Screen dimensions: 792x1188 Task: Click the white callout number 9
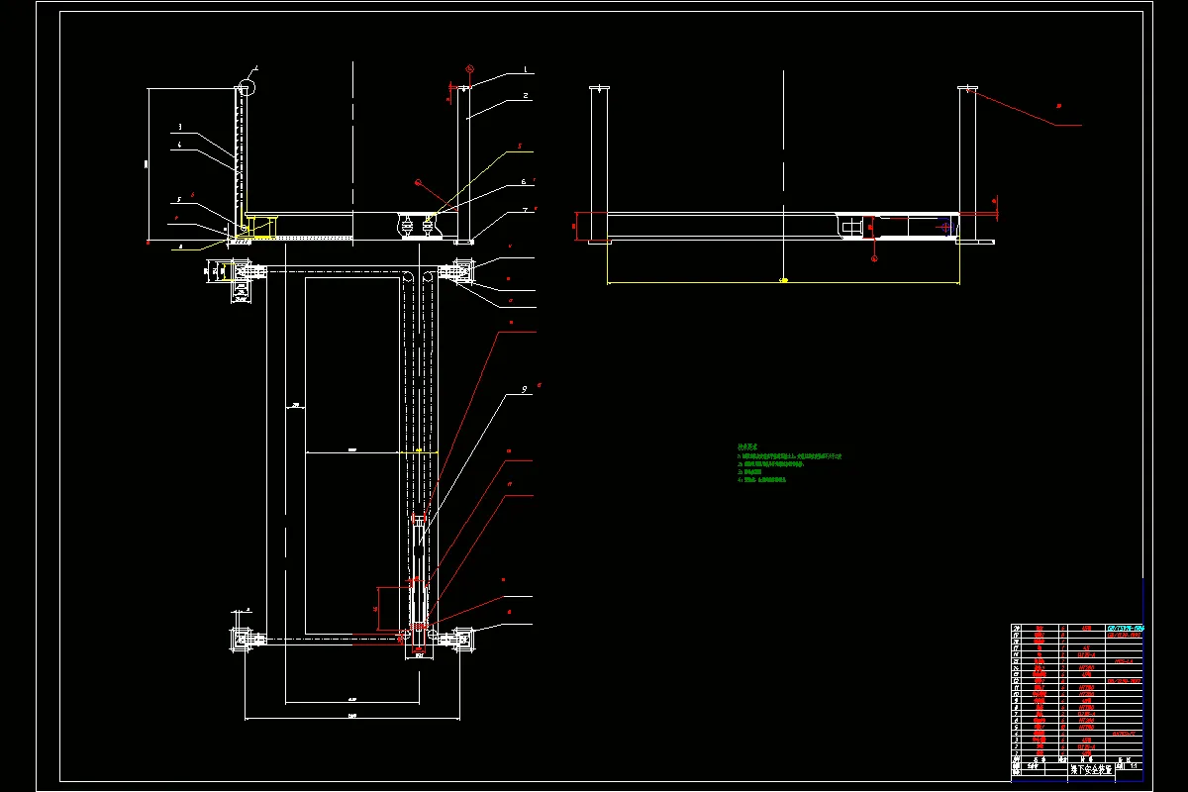525,390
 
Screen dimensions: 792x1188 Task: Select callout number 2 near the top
526,96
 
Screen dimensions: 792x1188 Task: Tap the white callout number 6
524,182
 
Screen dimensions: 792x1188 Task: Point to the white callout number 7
525,211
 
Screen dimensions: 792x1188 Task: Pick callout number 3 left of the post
179,127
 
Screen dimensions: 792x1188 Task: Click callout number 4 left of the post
179,145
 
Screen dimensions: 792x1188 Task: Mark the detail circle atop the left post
245,87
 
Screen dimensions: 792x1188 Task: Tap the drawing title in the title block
1091,768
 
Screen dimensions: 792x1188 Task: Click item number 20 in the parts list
1017,628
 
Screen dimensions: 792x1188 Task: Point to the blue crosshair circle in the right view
946,228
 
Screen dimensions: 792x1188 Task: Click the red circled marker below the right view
874,258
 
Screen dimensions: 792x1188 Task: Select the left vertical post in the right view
598,163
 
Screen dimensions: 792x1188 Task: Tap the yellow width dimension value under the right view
784,280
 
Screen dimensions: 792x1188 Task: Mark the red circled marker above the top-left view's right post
469,69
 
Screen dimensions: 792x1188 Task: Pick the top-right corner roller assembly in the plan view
460,269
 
